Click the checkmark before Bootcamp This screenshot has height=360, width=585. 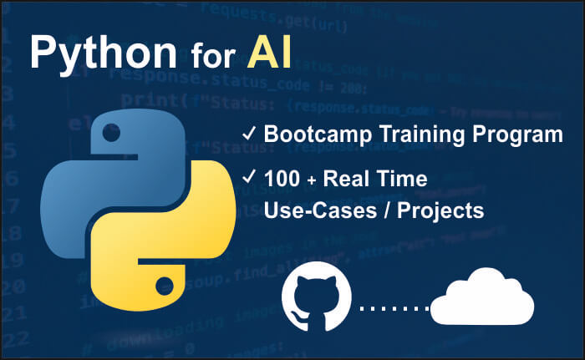pyautogui.click(x=248, y=134)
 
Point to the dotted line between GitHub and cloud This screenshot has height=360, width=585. pyautogui.click(x=393, y=310)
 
